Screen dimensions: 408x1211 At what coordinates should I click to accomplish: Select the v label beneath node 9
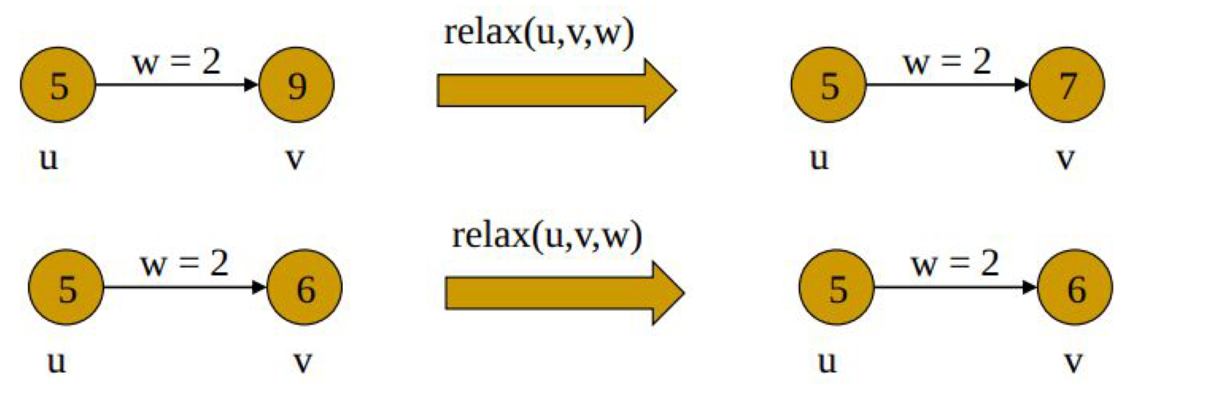[295, 159]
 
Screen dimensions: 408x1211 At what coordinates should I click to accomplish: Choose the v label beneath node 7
[1065, 159]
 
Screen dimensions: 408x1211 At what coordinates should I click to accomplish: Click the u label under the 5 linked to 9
[49, 159]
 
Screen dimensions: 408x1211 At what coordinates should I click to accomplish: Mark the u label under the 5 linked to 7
[819, 159]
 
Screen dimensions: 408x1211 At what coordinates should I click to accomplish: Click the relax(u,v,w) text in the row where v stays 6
[547, 236]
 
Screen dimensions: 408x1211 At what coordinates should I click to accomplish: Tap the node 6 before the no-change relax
[305, 287]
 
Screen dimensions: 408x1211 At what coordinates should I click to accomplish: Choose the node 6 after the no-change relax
[1075, 287]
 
